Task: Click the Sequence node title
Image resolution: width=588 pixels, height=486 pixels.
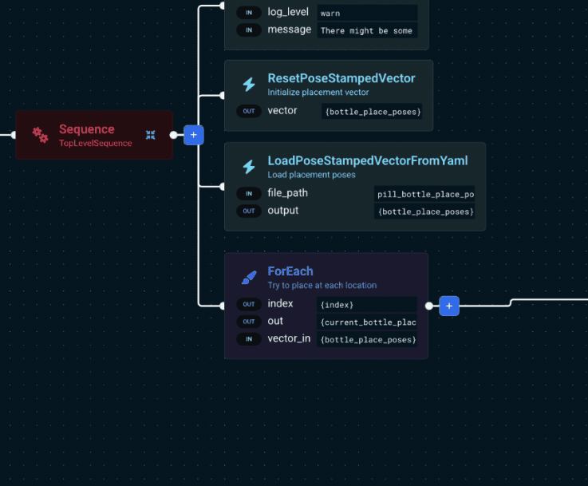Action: pos(86,129)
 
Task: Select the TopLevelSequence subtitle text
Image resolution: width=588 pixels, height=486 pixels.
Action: pos(95,144)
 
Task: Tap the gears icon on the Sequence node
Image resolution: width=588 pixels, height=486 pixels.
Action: pos(40,135)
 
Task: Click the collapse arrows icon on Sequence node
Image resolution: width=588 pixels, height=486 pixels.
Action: pos(151,135)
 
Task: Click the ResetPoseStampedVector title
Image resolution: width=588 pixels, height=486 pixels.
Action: pos(341,78)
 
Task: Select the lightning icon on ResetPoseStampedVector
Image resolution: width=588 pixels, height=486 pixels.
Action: pos(249,85)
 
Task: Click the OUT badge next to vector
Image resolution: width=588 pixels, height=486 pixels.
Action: pos(249,111)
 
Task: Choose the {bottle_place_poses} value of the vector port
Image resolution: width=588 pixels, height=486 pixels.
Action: pos(373,112)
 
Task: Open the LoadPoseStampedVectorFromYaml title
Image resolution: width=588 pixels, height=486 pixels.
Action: pos(367,161)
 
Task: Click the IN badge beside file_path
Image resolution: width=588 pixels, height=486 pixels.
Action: pos(249,193)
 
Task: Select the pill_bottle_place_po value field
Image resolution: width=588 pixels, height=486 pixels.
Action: pos(424,194)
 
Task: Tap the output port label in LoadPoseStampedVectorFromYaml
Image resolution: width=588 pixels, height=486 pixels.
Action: pos(282,211)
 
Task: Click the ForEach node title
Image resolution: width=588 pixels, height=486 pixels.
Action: pos(290,271)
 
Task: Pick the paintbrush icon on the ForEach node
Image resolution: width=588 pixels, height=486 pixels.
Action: pos(249,278)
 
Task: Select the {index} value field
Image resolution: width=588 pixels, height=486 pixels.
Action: pos(366,305)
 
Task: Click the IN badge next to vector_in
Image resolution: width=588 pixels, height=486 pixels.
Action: pos(249,339)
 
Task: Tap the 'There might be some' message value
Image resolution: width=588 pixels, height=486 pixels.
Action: pos(366,31)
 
